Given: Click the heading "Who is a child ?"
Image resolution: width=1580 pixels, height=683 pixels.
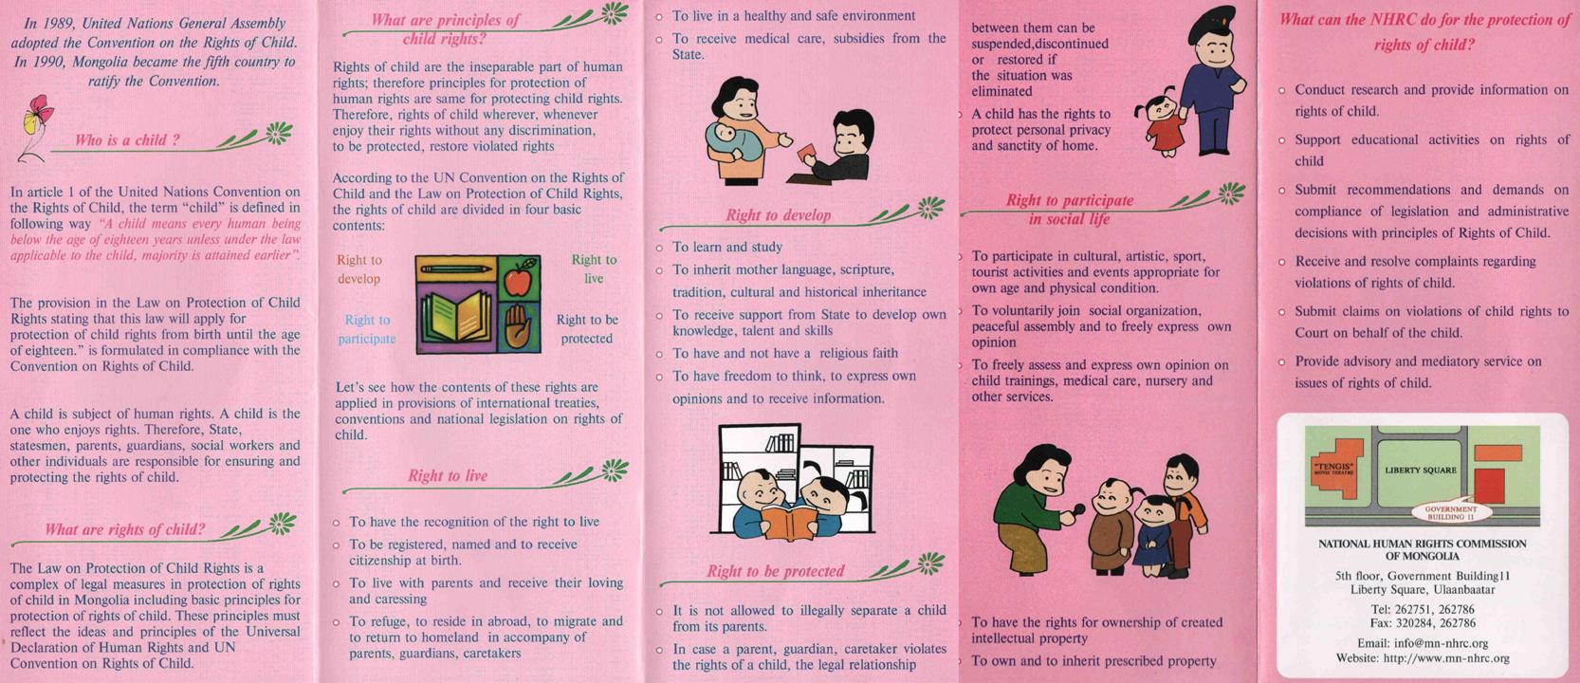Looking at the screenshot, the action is click(127, 139).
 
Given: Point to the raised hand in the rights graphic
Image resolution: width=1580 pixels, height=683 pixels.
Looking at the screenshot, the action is click(519, 326).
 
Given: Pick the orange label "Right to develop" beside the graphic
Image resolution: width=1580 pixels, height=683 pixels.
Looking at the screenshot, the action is click(359, 269).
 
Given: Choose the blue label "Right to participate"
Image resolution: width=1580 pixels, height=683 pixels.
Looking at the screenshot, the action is click(367, 329).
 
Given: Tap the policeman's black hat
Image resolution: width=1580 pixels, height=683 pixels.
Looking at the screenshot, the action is click(1212, 24).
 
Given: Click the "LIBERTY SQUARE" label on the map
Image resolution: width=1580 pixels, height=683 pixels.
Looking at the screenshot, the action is click(1421, 470).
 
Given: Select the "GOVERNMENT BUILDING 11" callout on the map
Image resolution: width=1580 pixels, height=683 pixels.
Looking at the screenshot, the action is click(1450, 513).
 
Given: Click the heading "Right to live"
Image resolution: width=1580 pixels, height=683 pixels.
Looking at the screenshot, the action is click(448, 475).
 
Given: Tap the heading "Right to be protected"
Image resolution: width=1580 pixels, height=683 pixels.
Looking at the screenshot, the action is click(775, 571).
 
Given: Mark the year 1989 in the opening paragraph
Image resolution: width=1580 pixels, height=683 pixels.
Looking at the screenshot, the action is click(59, 24).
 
